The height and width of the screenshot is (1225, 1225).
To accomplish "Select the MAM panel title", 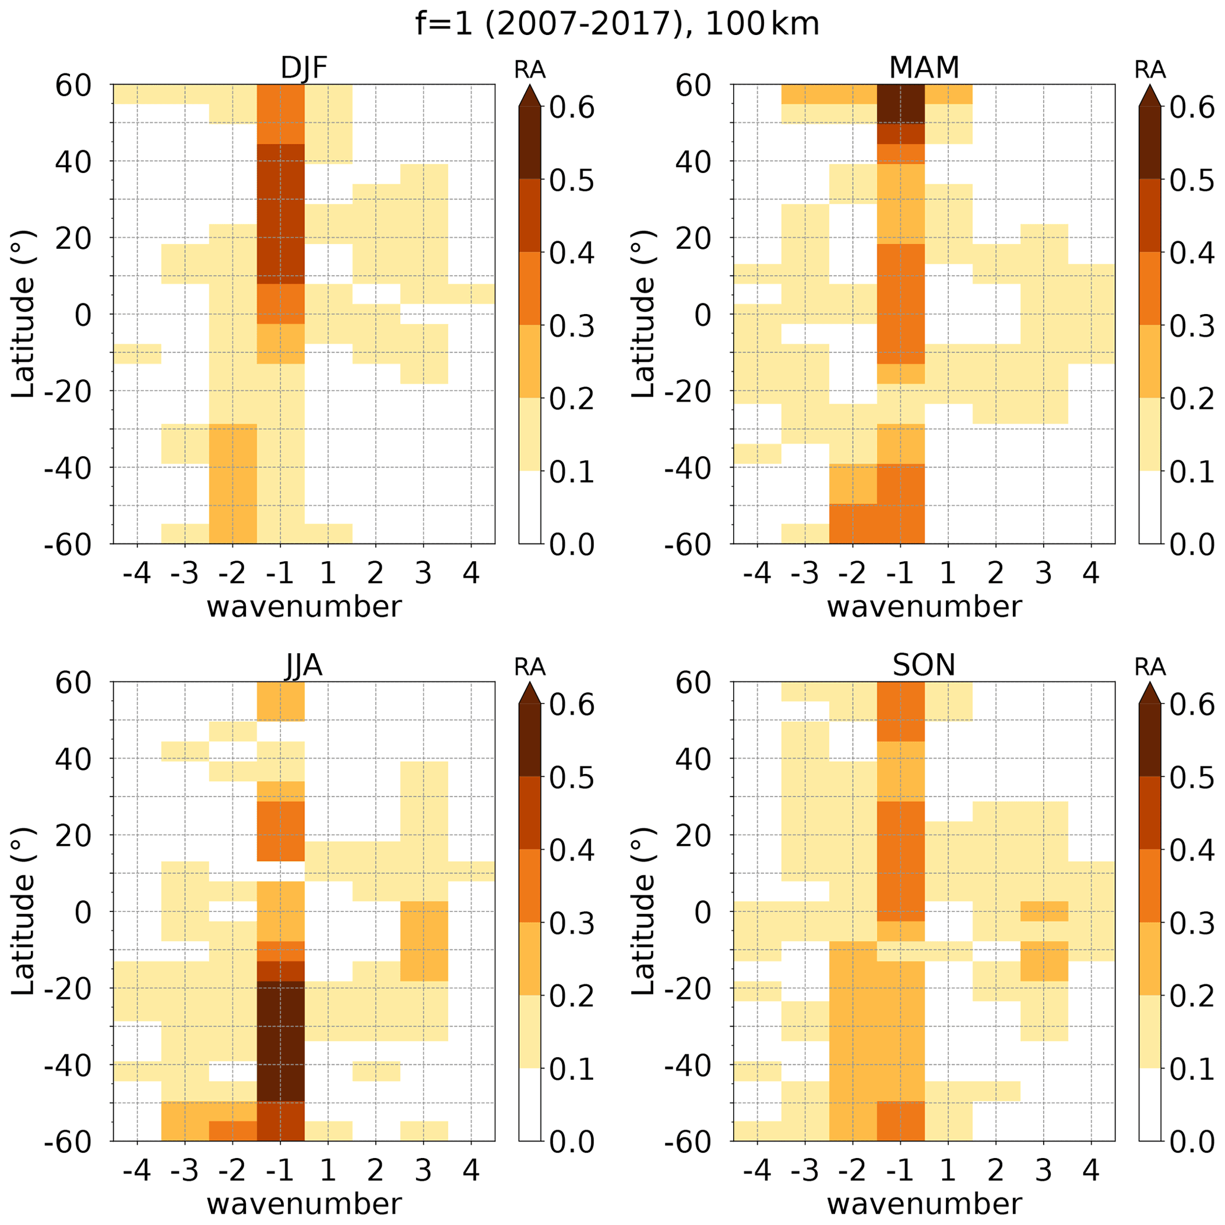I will (924, 68).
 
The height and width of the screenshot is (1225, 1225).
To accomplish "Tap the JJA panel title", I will (303, 666).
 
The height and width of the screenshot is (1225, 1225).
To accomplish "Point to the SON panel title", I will (924, 666).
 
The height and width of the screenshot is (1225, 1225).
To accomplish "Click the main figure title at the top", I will (617, 24).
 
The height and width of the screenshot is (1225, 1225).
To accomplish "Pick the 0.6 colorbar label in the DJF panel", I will (571, 108).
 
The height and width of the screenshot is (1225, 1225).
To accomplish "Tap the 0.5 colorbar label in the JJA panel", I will (571, 779).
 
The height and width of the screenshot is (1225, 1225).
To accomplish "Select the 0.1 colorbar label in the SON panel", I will (1192, 1070).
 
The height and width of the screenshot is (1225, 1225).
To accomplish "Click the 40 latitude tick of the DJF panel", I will (73, 162).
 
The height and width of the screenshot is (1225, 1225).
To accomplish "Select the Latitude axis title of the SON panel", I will (643, 911).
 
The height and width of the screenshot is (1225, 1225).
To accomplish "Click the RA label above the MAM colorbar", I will (1150, 70).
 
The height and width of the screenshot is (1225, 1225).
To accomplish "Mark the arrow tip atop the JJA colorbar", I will (529, 683).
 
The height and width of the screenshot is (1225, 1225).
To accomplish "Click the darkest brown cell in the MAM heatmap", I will (900, 103).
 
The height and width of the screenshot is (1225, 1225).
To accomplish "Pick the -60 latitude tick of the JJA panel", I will (68, 1142).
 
